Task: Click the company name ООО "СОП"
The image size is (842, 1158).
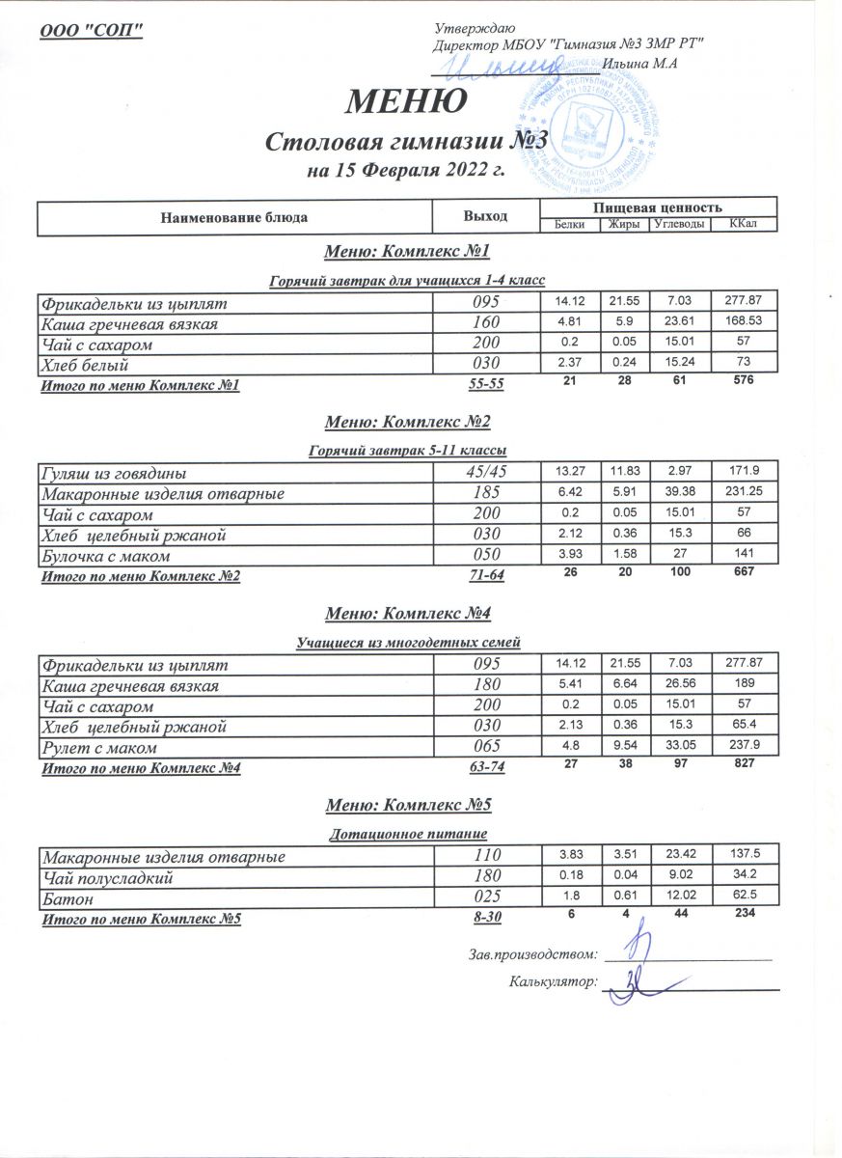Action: pos(92,30)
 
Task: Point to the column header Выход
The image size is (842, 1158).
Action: pos(486,215)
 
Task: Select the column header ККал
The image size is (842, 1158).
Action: pos(743,225)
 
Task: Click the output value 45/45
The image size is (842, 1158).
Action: pos(486,473)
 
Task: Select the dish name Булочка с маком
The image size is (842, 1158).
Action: pos(105,556)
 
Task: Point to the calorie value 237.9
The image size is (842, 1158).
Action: pos(744,747)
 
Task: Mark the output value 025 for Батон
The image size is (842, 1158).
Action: pos(486,897)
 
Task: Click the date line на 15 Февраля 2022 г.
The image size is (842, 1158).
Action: pos(406,173)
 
